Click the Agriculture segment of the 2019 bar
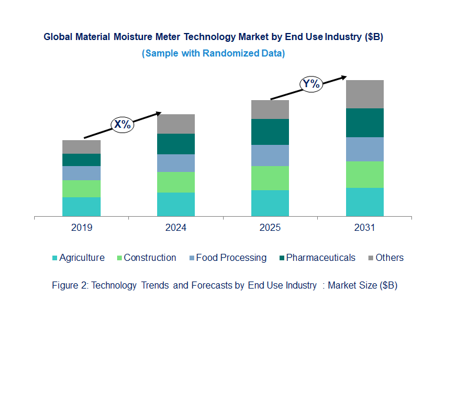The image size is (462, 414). click(x=81, y=207)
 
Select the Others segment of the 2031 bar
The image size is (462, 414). click(x=364, y=94)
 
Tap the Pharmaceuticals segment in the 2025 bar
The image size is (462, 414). click(x=270, y=132)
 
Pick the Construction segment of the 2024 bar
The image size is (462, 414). click(x=176, y=182)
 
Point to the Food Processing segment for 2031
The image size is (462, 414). click(x=364, y=149)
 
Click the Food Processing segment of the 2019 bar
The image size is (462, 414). click(x=81, y=173)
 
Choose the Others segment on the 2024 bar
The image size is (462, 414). click(x=176, y=124)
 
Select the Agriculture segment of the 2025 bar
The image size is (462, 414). click(x=270, y=203)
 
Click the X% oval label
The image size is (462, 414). click(x=123, y=124)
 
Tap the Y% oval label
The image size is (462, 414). click(x=311, y=84)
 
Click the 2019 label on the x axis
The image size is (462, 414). click(x=81, y=228)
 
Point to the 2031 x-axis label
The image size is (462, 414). click(x=364, y=228)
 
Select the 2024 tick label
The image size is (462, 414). click(x=176, y=228)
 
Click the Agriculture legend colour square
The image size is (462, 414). click(x=55, y=258)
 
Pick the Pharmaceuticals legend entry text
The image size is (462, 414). click(x=321, y=257)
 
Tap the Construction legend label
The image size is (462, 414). click(x=150, y=257)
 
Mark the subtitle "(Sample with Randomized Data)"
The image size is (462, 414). click(x=213, y=54)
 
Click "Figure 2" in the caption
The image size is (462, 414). click(x=70, y=286)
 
